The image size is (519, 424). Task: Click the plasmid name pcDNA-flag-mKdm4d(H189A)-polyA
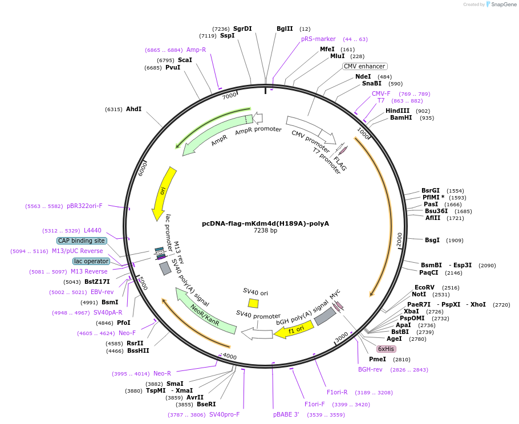coord(265,223)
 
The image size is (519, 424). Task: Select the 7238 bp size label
coord(265,231)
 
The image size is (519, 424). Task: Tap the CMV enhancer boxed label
coord(364,66)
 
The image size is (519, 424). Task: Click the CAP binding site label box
coord(82,240)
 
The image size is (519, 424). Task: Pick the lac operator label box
coord(91,261)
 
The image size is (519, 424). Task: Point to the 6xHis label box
coord(386,349)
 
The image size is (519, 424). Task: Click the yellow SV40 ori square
coord(253,303)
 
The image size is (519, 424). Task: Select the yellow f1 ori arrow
coord(294,329)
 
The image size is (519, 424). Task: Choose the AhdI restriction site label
coord(133,109)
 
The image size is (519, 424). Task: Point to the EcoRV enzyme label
coord(424,287)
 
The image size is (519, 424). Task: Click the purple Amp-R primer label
coord(196,50)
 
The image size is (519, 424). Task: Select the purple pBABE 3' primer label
coord(286,414)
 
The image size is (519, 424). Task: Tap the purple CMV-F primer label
coord(381,93)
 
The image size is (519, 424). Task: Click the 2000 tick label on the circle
coord(399,240)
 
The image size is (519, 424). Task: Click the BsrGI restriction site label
coord(431,190)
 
